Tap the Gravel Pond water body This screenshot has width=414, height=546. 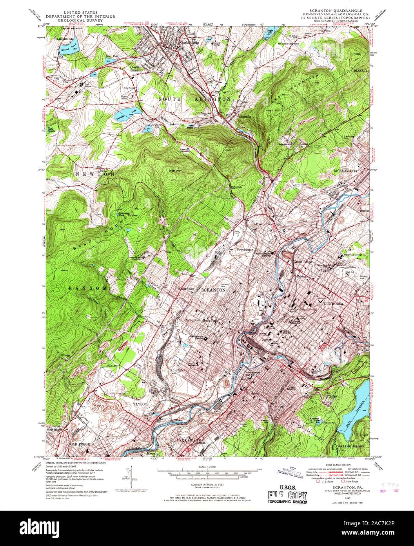(71, 47)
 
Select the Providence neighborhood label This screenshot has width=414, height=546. (245, 249)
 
